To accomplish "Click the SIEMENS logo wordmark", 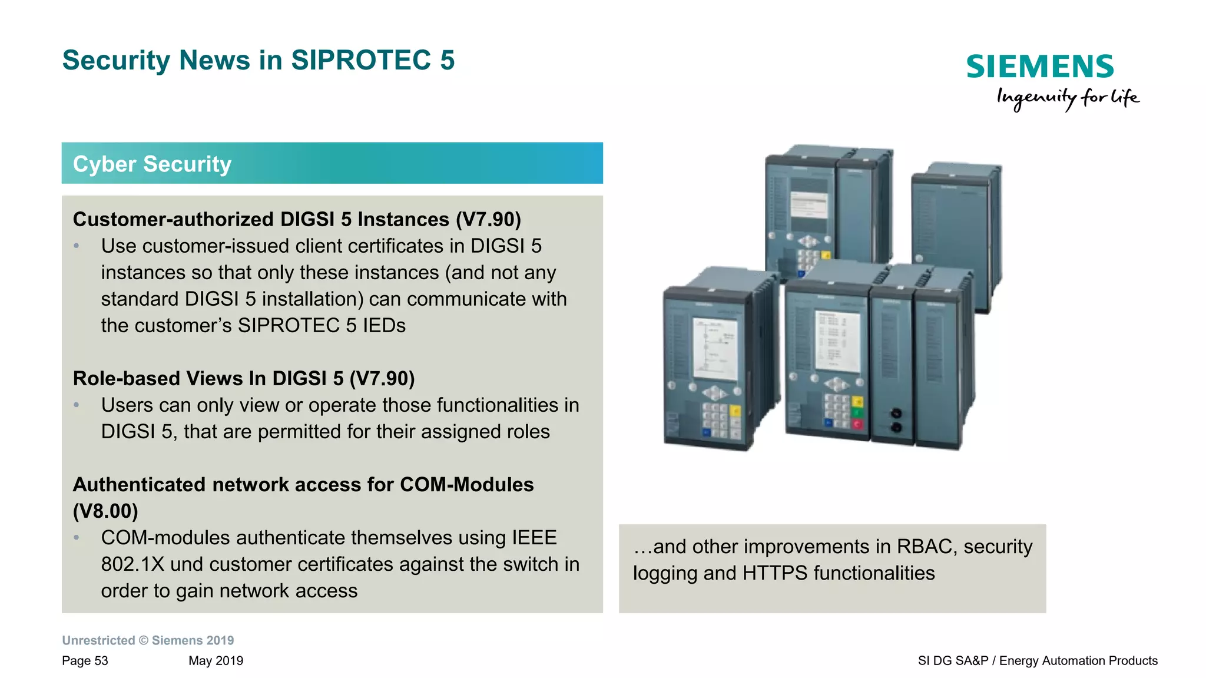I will click(x=1039, y=67).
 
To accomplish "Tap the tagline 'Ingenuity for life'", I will click(x=1067, y=98).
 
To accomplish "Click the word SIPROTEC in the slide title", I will click(x=361, y=60).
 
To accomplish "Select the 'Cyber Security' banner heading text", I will click(x=152, y=164).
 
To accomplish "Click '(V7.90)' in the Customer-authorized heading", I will click(x=488, y=219).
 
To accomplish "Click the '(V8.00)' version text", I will click(x=105, y=511).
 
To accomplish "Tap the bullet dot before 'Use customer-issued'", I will click(x=77, y=246).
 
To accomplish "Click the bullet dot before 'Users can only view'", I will click(x=77, y=405).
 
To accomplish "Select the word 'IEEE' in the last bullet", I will click(x=534, y=537).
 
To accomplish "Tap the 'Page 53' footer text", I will click(x=85, y=660).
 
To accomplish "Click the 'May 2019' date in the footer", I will click(x=216, y=660).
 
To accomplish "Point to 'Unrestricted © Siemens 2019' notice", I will click(x=148, y=640).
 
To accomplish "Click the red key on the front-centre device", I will click(x=857, y=424).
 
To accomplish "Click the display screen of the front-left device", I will click(x=715, y=349).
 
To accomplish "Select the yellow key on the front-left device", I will click(x=735, y=411).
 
